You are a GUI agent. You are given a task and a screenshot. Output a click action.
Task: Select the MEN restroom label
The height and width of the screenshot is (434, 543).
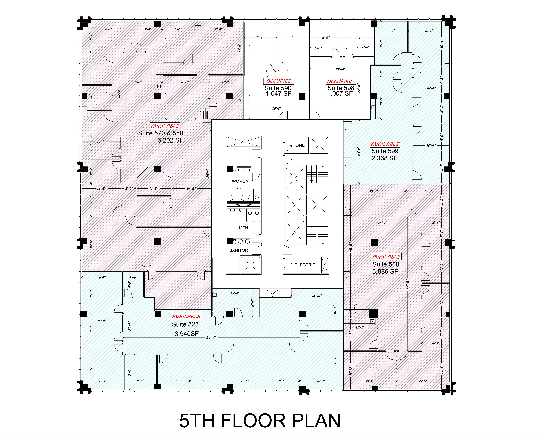[x=243, y=228]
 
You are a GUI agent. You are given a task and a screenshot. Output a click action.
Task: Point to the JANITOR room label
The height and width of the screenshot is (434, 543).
[x=239, y=250]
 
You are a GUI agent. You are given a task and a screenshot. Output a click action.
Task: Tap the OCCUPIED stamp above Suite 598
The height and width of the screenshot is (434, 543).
[x=340, y=81]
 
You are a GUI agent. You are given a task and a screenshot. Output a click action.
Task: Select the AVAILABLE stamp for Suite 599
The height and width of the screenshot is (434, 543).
[x=385, y=144]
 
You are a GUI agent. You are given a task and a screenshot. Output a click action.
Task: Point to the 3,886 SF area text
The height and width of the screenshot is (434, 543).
[x=385, y=271]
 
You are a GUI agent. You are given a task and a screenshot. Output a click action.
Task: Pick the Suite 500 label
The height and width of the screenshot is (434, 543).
[x=386, y=264]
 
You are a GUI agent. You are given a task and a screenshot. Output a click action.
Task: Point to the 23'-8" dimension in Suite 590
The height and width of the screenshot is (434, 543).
[x=277, y=108]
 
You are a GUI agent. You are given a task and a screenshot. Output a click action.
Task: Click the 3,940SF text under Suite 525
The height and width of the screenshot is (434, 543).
[x=187, y=334]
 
